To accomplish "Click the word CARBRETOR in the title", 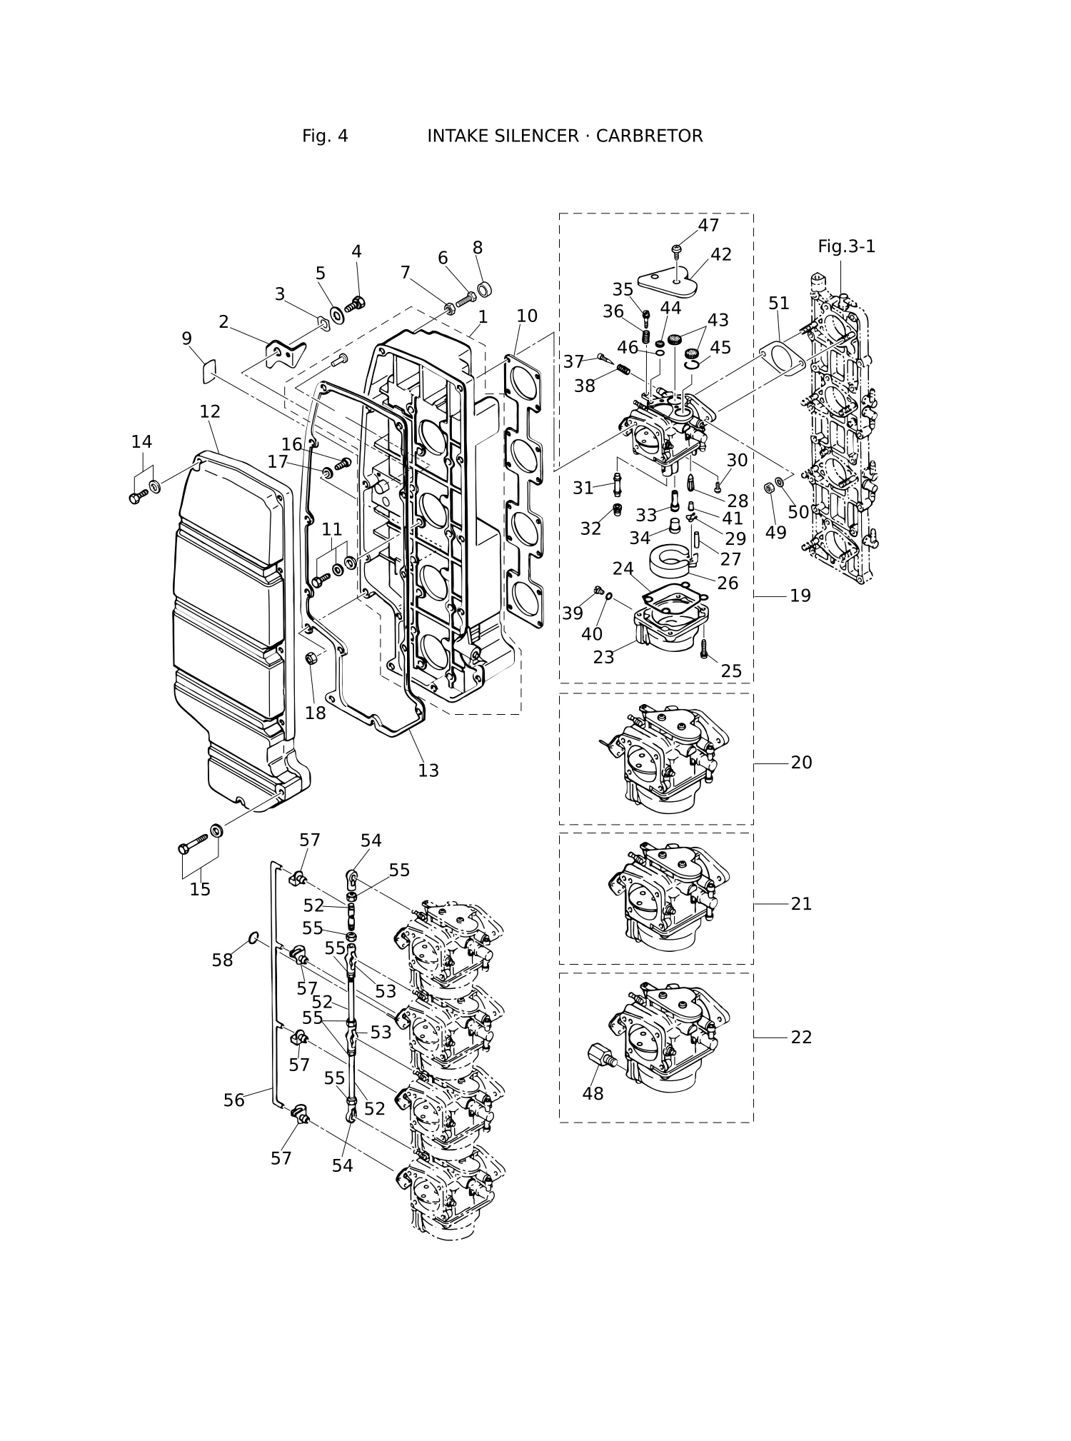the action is [649, 136].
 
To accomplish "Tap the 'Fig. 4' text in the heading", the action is [325, 136].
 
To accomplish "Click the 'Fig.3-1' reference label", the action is [847, 246].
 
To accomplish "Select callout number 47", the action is [708, 225].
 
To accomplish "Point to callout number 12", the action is [210, 411].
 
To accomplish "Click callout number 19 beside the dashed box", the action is [800, 595].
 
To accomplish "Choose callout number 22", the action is [801, 1037].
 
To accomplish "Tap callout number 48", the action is [593, 1093].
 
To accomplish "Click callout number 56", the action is [234, 1100].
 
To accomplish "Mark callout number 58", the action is [222, 960].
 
